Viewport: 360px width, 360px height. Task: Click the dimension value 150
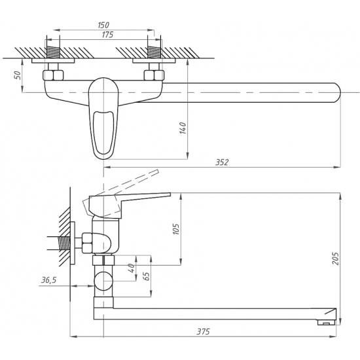click(x=103, y=25)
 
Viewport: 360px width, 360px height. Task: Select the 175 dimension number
click(x=107, y=35)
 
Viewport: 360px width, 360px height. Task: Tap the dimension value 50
click(x=18, y=75)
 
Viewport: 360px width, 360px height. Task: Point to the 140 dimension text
click(x=183, y=128)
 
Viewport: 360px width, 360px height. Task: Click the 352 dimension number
click(x=222, y=162)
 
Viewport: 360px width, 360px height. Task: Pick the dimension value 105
click(x=176, y=228)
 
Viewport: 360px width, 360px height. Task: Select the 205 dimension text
click(x=335, y=259)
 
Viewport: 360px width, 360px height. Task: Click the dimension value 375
click(x=203, y=332)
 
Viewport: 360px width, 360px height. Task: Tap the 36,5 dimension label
click(x=48, y=280)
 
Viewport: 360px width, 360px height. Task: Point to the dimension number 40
click(x=131, y=268)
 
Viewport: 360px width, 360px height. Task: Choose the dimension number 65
click(x=146, y=276)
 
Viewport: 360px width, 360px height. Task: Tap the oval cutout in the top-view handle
click(x=104, y=132)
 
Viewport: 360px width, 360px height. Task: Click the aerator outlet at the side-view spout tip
click(x=326, y=323)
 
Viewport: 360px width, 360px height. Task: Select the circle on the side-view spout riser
click(x=103, y=281)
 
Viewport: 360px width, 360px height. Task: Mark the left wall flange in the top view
click(x=53, y=61)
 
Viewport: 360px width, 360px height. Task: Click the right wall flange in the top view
click(x=154, y=61)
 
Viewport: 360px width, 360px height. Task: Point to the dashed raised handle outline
click(x=122, y=193)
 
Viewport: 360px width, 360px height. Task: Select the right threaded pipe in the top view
click(x=154, y=52)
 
